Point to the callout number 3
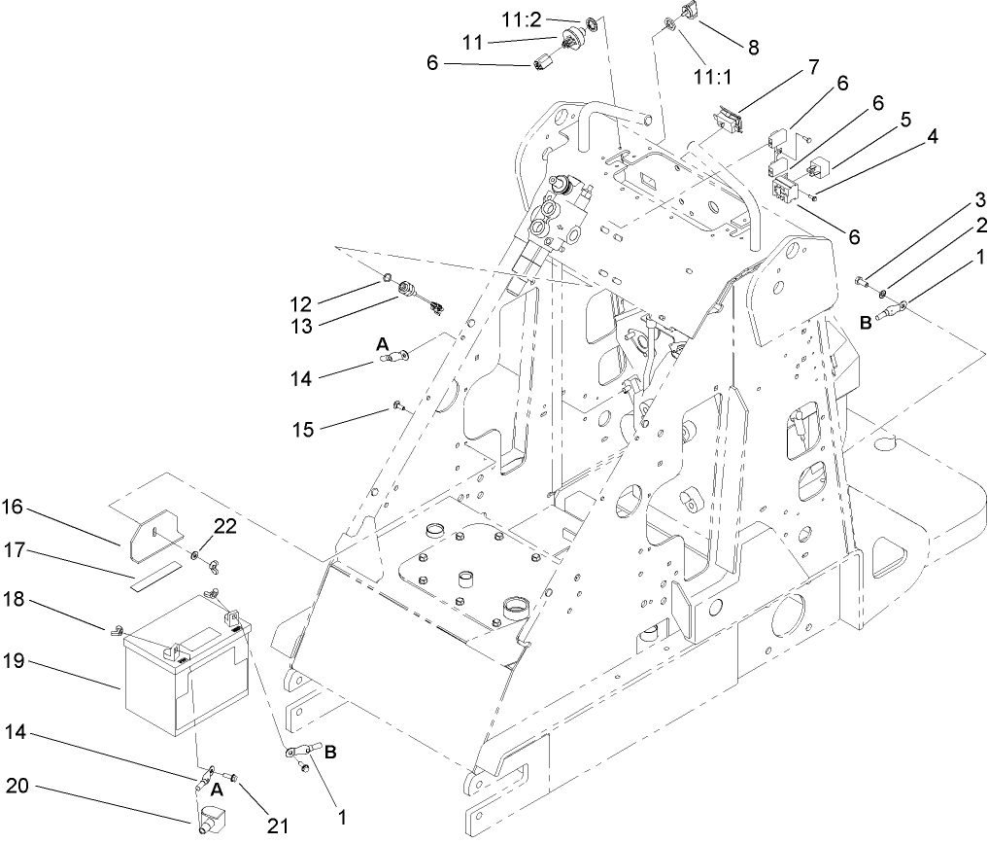coord(954,201)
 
